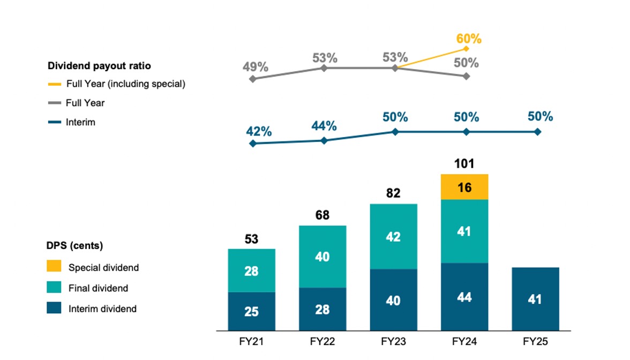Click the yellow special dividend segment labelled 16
(x=464, y=187)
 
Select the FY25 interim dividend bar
(x=535, y=298)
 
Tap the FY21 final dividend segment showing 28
(x=251, y=271)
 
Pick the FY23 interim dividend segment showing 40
(x=394, y=299)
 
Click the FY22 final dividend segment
(x=322, y=257)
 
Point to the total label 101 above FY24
(x=464, y=163)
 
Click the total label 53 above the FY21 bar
(x=251, y=238)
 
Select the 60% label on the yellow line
(x=469, y=39)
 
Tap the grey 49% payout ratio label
(x=255, y=67)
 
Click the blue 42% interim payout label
(x=259, y=131)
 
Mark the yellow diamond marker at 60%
(x=466, y=48)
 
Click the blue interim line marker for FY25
(x=537, y=132)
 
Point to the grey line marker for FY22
(x=324, y=68)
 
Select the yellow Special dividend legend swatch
(x=54, y=267)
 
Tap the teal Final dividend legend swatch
(x=54, y=288)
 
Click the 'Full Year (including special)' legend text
(x=125, y=84)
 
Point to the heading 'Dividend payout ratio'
(x=99, y=66)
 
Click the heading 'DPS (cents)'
(x=75, y=246)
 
